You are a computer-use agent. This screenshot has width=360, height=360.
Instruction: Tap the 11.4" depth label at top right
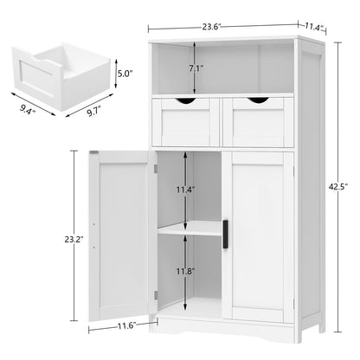(311, 29)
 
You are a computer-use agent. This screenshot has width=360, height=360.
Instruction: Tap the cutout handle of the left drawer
(183, 102)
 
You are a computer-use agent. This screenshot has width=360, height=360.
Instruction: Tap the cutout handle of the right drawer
(257, 102)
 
